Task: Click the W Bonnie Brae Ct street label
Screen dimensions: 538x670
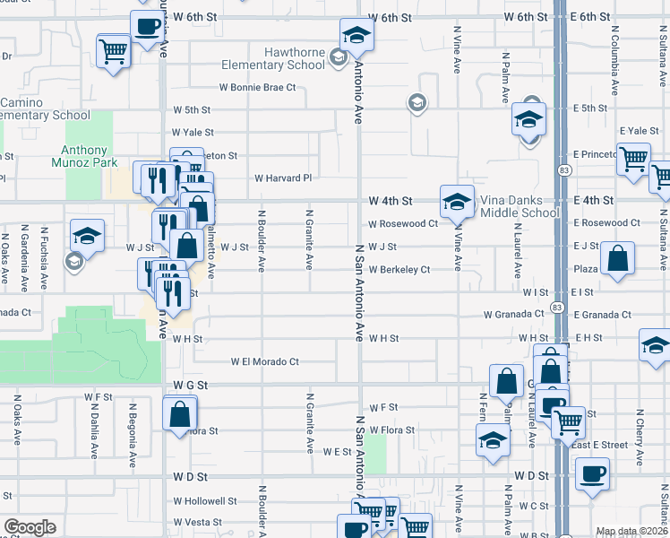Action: pyautogui.click(x=258, y=88)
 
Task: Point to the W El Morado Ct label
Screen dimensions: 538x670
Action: pyautogui.click(x=264, y=362)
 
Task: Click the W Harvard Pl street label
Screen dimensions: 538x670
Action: pyautogui.click(x=283, y=178)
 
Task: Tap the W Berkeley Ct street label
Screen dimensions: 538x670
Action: pyautogui.click(x=399, y=269)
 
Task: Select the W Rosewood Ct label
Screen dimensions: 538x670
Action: pyautogui.click(x=402, y=223)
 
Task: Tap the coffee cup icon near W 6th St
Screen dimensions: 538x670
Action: pyautogui.click(x=147, y=24)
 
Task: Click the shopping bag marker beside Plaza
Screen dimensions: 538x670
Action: pyautogui.click(x=618, y=258)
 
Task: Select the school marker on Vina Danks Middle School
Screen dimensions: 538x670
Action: pyautogui.click(x=456, y=201)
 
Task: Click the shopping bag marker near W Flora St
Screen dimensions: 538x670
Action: pyautogui.click(x=179, y=412)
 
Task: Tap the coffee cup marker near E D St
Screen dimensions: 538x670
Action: pyautogui.click(x=591, y=473)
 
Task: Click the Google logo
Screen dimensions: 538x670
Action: pyautogui.click(x=30, y=527)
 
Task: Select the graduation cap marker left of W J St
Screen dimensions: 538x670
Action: pyautogui.click(x=87, y=236)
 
